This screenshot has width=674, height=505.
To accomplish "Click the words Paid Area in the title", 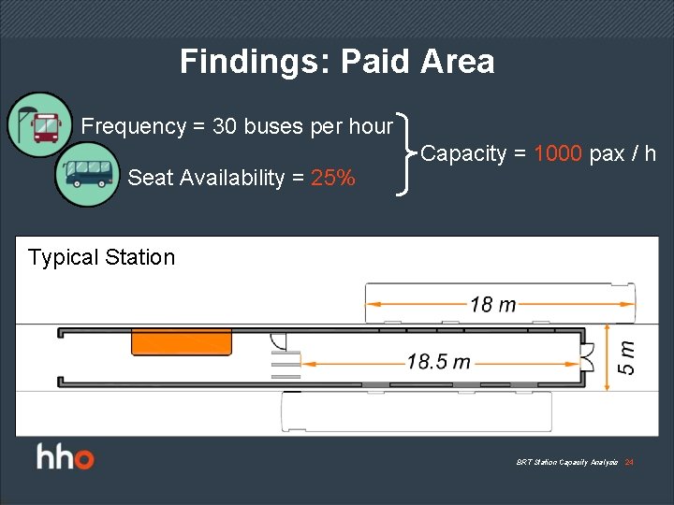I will (x=418, y=62).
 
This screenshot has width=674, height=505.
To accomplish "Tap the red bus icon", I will (x=39, y=123).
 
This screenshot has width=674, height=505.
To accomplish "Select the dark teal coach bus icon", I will (x=87, y=174).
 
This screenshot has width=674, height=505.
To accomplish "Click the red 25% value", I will (x=333, y=178).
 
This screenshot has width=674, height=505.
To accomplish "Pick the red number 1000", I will (x=558, y=153).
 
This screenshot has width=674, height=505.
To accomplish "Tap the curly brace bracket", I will (x=405, y=153).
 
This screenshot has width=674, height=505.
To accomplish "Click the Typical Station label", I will (x=101, y=257).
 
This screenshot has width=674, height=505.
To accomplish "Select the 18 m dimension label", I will (x=493, y=303).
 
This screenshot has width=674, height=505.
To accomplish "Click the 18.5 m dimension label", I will (x=438, y=361).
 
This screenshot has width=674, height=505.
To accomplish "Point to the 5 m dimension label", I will (x=627, y=355).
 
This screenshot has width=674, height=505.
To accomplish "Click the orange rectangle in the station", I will (x=182, y=341).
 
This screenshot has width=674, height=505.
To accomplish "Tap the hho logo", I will (x=66, y=458).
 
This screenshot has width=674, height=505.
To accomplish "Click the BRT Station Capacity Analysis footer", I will (x=567, y=463).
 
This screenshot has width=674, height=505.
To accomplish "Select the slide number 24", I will (x=629, y=463).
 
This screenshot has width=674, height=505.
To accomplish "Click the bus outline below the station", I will (x=417, y=411).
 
